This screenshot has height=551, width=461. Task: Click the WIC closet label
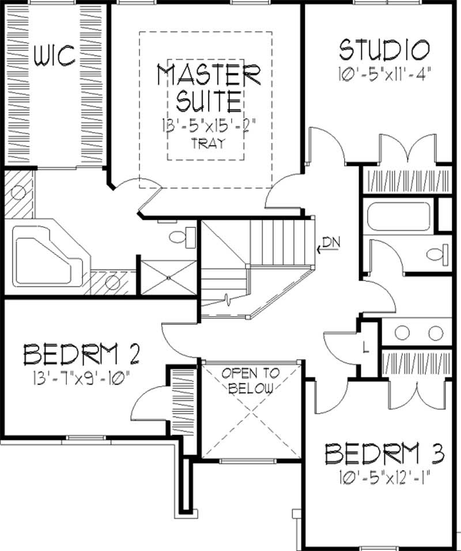tap(55, 56)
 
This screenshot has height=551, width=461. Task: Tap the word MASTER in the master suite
tap(209, 76)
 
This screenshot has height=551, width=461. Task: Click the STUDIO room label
tap(384, 50)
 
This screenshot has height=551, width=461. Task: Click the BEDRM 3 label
tap(384, 454)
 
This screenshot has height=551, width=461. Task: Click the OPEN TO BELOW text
tap(250, 380)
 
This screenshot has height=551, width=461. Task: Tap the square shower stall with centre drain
tap(168, 276)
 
